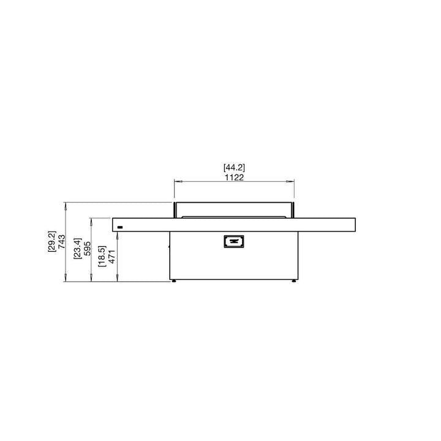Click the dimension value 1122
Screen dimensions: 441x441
pyautogui.click(x=234, y=177)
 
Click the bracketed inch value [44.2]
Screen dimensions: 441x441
pyautogui.click(x=234, y=167)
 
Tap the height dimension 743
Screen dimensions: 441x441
pyautogui.click(x=62, y=242)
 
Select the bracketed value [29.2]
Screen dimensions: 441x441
pyautogui.click(x=52, y=242)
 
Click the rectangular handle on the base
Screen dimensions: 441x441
pyautogui.click(x=233, y=242)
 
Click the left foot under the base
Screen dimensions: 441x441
pyautogui.click(x=175, y=282)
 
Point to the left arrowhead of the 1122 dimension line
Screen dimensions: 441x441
pyautogui.click(x=177, y=181)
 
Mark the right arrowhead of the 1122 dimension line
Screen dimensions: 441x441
pyautogui.click(x=292, y=181)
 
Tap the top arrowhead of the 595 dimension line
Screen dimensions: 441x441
pyautogui.click(x=92, y=219)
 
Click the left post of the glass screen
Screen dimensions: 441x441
pyautogui.click(x=175, y=209)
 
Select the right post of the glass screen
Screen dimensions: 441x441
pyautogui.click(x=293, y=209)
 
